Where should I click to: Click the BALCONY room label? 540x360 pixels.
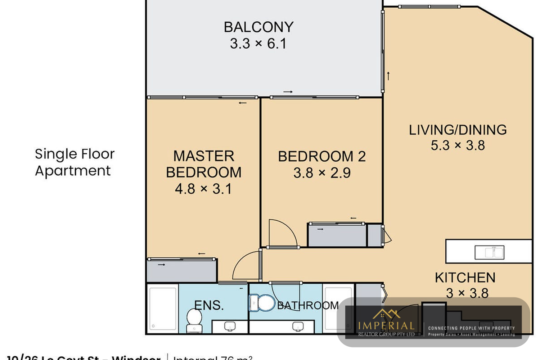coord(258,27)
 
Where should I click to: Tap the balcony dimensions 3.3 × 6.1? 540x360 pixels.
coord(258,44)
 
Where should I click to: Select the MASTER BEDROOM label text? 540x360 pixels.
coord(204,164)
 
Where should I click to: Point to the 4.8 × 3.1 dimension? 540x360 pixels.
coord(203,189)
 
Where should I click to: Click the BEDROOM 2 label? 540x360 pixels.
coord(322,157)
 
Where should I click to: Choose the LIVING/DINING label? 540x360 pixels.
coord(458,130)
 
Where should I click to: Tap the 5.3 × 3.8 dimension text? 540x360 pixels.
coord(458,146)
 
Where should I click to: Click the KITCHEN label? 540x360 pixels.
coord(465,278)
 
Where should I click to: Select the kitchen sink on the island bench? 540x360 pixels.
coord(489,252)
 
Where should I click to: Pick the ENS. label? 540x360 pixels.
coord(209,305)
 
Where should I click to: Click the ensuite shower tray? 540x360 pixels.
coord(163,309)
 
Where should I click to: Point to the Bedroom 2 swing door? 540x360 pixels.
coord(283,234)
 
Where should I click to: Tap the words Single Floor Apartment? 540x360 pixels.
coord(75,162)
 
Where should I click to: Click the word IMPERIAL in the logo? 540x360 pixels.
coord(386,326)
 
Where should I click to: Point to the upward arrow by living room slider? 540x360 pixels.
coord(388,76)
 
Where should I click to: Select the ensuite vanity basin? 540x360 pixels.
coord(230,327)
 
